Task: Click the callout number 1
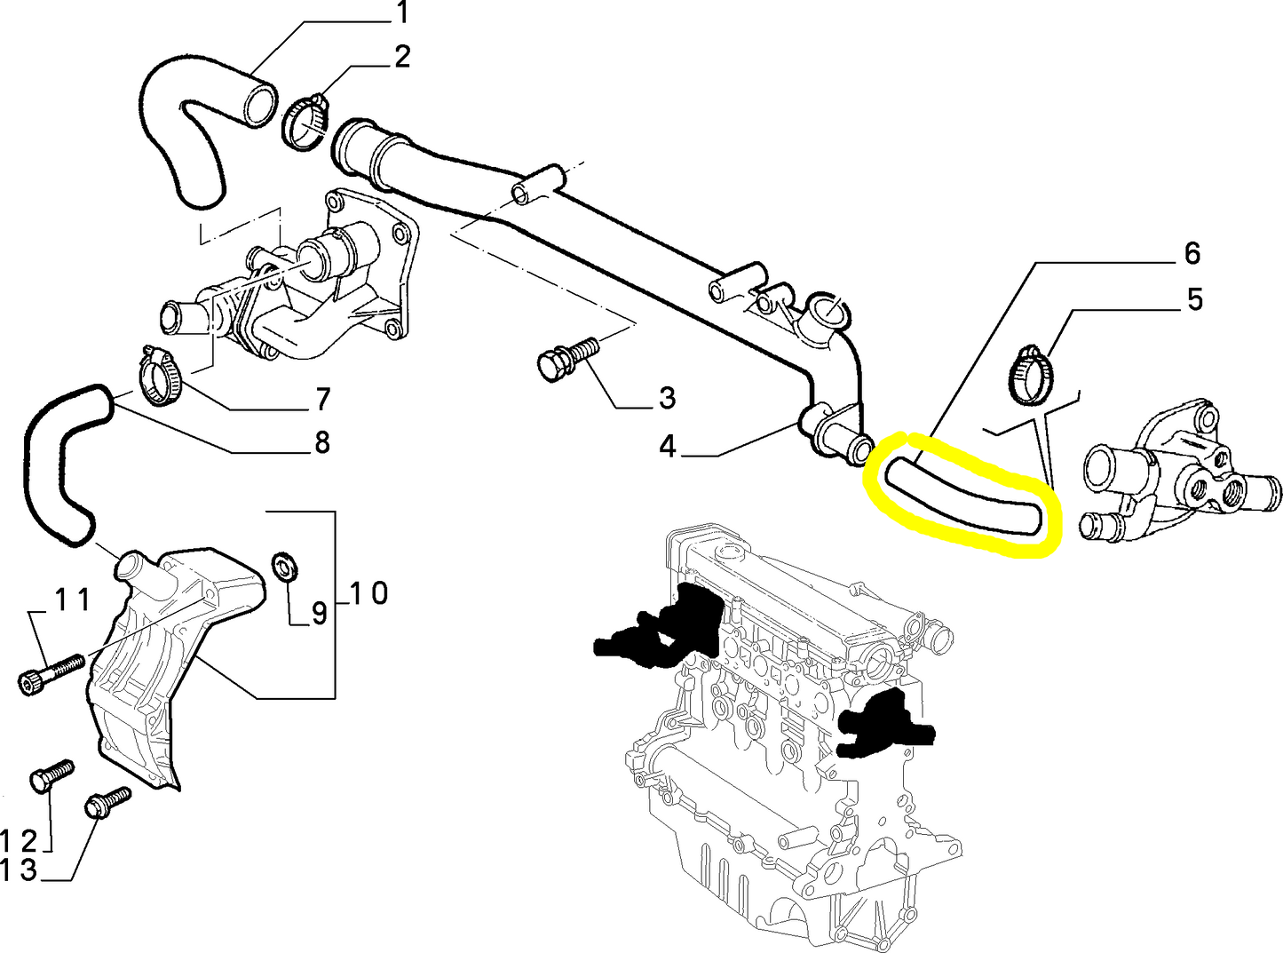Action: coord(402,13)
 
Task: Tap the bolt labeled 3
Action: coord(563,358)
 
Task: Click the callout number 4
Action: coord(669,447)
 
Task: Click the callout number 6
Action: coord(1192,253)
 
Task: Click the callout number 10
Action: coord(368,592)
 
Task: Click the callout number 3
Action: coord(668,398)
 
